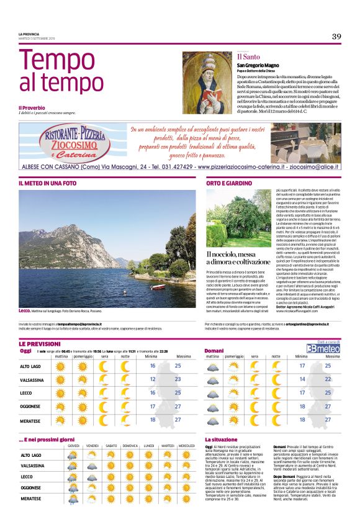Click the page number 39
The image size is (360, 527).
[336, 37]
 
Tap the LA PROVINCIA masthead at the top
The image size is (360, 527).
[30, 34]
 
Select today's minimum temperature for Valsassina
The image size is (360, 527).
[153, 379]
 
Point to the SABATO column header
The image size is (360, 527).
[112, 446]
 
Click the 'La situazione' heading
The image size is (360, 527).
[220, 439]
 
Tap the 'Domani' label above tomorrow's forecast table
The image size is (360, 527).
[214, 351]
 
